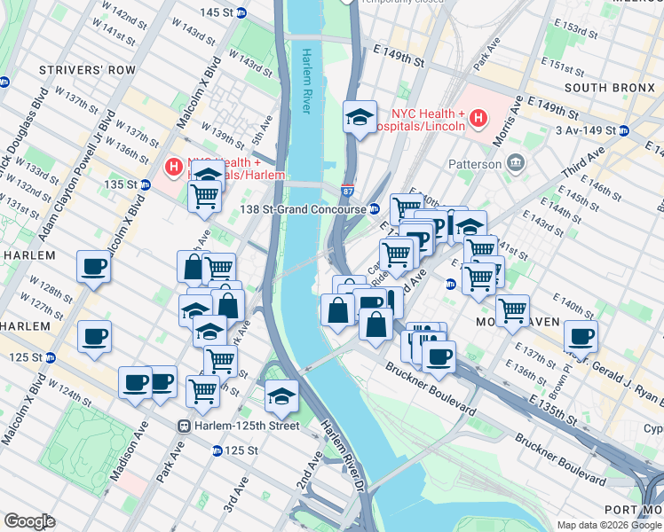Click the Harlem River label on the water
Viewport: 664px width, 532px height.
[x=306, y=81]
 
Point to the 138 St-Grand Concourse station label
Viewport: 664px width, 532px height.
[x=304, y=209]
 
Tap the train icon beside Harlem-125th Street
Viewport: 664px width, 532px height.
[x=185, y=426]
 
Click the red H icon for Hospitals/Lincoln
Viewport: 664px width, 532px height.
[x=478, y=118]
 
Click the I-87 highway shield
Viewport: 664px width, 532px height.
[x=350, y=192]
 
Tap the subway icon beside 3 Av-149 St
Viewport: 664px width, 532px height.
[x=624, y=130]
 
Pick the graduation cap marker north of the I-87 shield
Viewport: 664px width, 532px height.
[x=360, y=117]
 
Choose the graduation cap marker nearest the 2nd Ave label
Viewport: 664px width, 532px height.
[x=281, y=395]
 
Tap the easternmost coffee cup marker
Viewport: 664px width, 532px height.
[x=581, y=336]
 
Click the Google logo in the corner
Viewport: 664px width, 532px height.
[x=30, y=521]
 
